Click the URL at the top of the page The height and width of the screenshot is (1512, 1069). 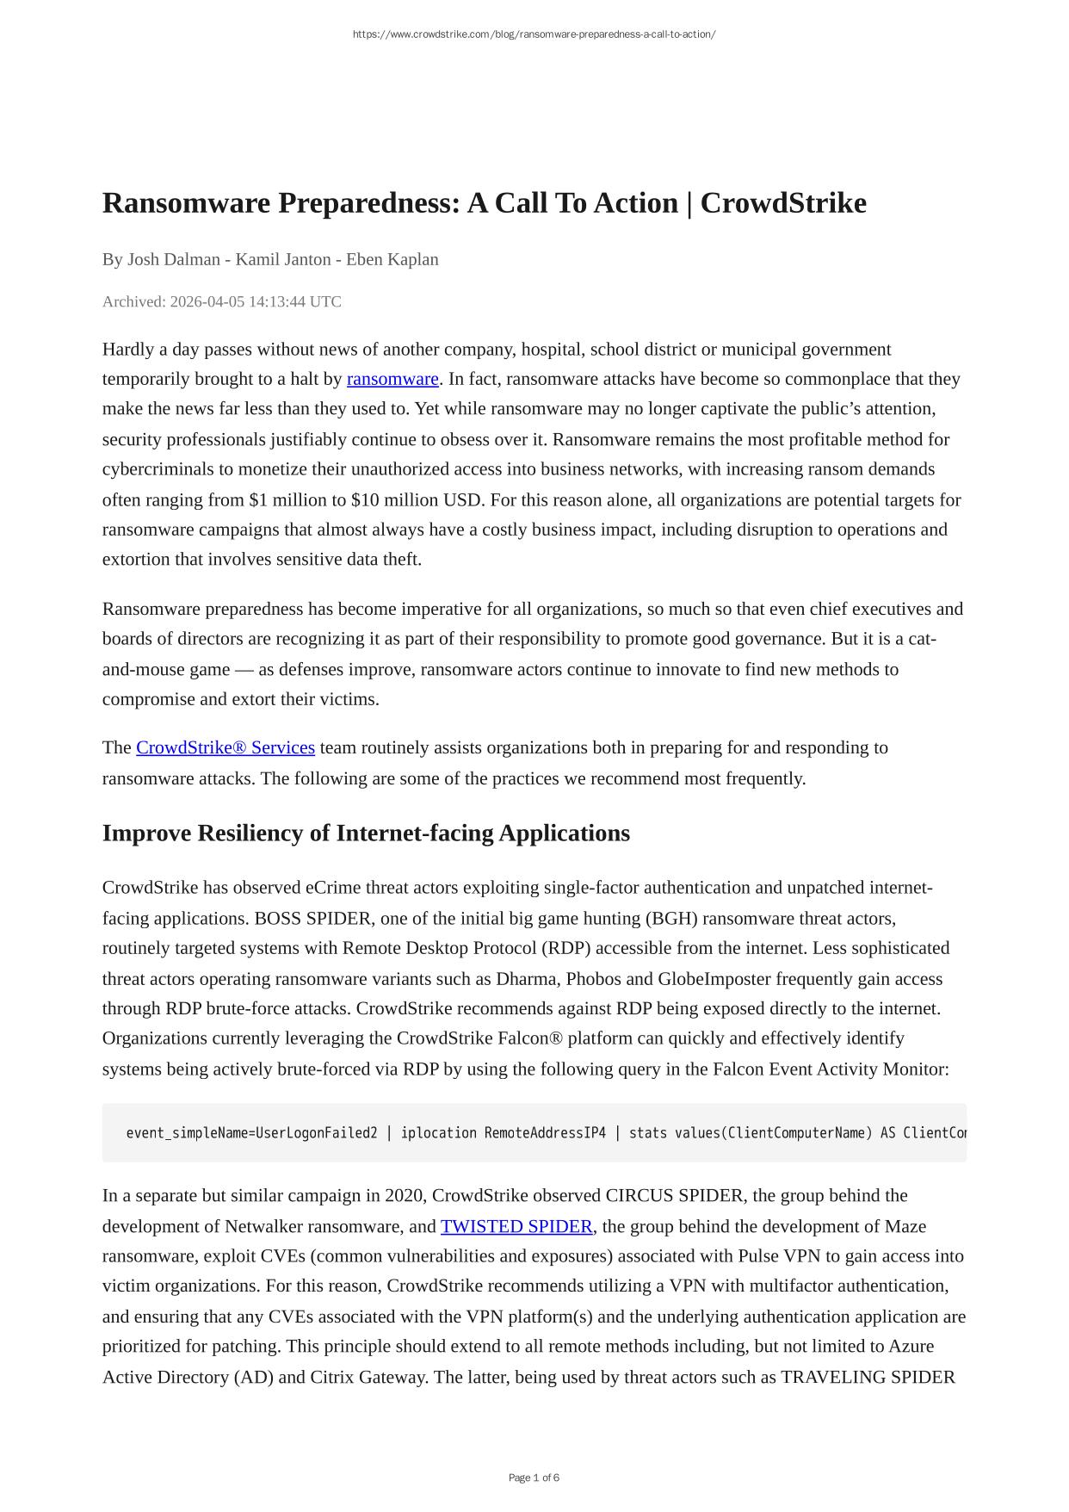coord(534,34)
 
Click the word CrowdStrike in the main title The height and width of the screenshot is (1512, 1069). coord(782,203)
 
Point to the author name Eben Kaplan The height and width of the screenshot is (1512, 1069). coord(392,259)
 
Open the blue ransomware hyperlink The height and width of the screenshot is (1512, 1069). coord(392,379)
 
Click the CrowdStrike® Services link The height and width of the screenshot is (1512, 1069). coord(226,747)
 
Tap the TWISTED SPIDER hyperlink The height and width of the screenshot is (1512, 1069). coord(516,1226)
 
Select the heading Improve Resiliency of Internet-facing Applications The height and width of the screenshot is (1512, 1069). coord(366,833)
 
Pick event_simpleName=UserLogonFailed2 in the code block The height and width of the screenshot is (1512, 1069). coord(251,1133)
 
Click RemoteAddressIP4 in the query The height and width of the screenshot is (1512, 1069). coord(545,1133)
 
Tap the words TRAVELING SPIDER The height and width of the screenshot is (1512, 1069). coord(868,1377)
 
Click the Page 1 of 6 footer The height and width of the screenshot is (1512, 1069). coord(534,1478)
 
